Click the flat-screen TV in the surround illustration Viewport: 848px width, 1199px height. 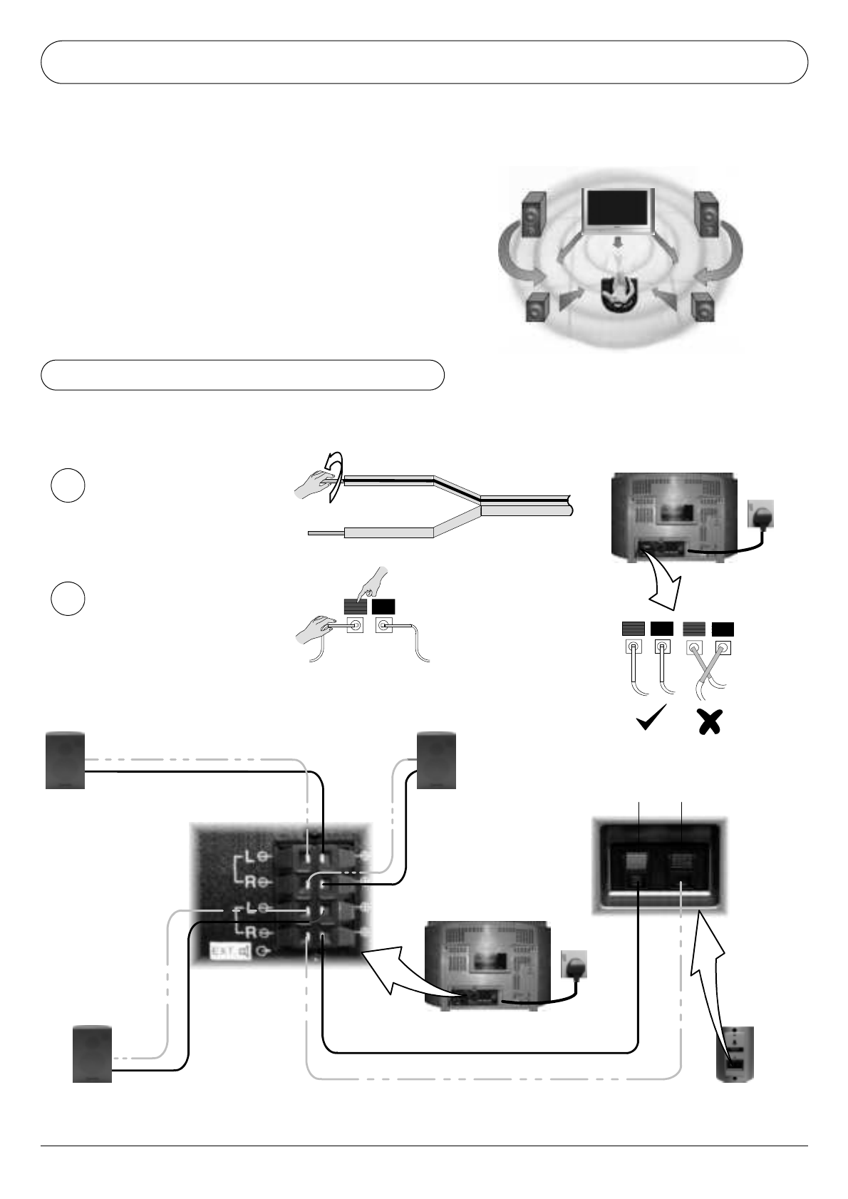click(617, 212)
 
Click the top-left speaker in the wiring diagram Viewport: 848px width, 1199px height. click(65, 761)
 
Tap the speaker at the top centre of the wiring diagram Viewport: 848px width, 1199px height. click(436, 761)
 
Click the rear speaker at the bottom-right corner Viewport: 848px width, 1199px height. click(735, 1054)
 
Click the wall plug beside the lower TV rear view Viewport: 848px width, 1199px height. click(574, 966)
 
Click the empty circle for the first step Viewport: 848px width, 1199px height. click(68, 485)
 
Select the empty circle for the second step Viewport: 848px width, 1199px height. click(68, 599)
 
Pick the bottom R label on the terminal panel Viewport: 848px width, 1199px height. click(250, 932)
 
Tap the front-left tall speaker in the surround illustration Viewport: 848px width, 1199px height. click(533, 215)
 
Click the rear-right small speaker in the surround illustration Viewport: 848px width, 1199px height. click(702, 308)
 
